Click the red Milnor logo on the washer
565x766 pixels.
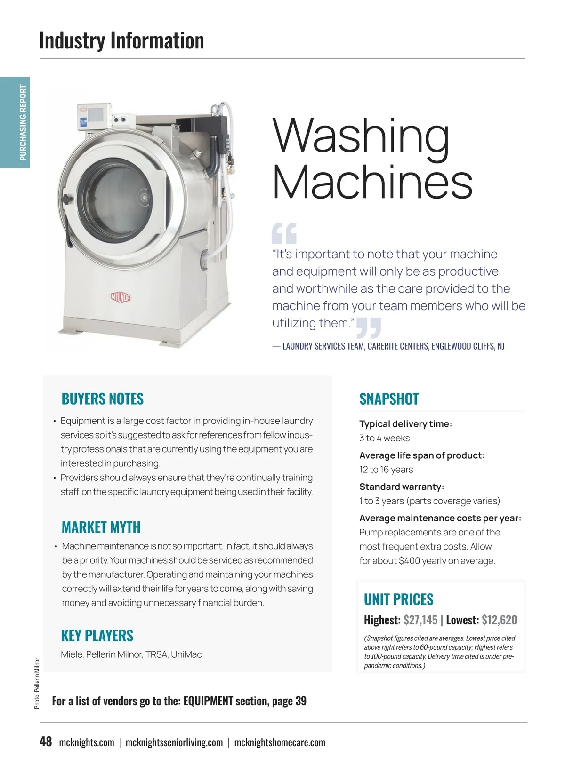pos(121,297)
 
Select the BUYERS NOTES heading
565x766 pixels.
pos(102,399)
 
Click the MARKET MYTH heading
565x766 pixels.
pos(101,527)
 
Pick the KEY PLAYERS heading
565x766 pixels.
pos(97,636)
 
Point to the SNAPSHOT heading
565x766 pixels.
pos(389,399)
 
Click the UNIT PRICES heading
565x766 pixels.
pos(398,599)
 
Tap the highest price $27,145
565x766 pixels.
pos(420,620)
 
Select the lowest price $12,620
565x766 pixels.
pos(499,620)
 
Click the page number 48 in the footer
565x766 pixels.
pos(46,742)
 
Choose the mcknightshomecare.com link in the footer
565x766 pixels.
pos(280,742)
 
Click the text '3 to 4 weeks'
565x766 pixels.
pos(384,438)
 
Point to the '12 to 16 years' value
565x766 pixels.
pos(386,470)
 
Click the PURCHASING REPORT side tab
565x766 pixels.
pos(23,122)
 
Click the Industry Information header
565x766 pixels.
pos(121,40)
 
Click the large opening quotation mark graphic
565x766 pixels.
pos(284,233)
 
